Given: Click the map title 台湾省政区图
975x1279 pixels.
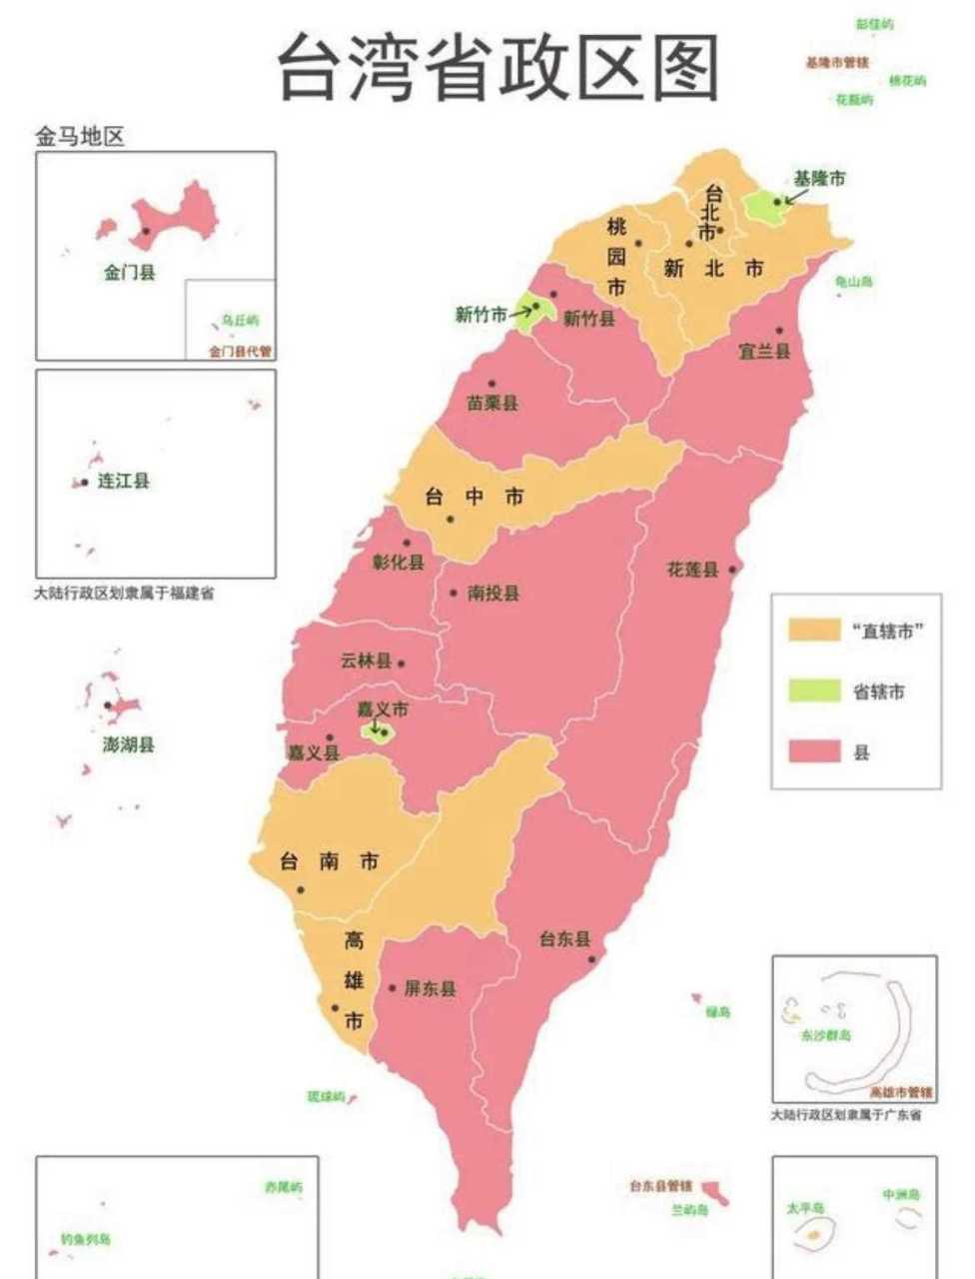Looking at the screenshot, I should coord(497,68).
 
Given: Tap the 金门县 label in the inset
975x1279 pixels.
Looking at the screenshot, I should coord(130,271).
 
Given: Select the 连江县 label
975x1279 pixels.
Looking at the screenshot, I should coord(123,481).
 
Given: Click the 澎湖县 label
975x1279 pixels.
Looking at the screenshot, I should coord(129,744).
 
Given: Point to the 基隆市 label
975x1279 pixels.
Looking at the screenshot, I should coord(819,178).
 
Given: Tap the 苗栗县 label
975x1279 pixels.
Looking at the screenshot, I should coord(492,404).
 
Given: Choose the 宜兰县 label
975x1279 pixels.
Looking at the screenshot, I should coord(764,351).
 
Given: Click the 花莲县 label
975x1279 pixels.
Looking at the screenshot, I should coord(692,570).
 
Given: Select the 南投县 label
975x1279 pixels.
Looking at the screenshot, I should coord(493,593).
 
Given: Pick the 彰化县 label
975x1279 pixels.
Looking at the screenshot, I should coord(399,562).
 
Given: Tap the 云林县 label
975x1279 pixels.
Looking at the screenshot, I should coord(366,660).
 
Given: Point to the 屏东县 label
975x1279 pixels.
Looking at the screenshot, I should coord(430,988).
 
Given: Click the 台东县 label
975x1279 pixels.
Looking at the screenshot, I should coord(564,938).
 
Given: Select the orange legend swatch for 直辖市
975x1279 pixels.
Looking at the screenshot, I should coord(814,630).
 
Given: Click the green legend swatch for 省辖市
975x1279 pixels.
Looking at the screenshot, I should coord(814,690).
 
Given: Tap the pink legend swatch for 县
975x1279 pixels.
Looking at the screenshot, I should coord(814,751).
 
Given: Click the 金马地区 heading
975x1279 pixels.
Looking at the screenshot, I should coord(80,137).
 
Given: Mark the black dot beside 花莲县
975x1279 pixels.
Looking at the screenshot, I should coord(733,570).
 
